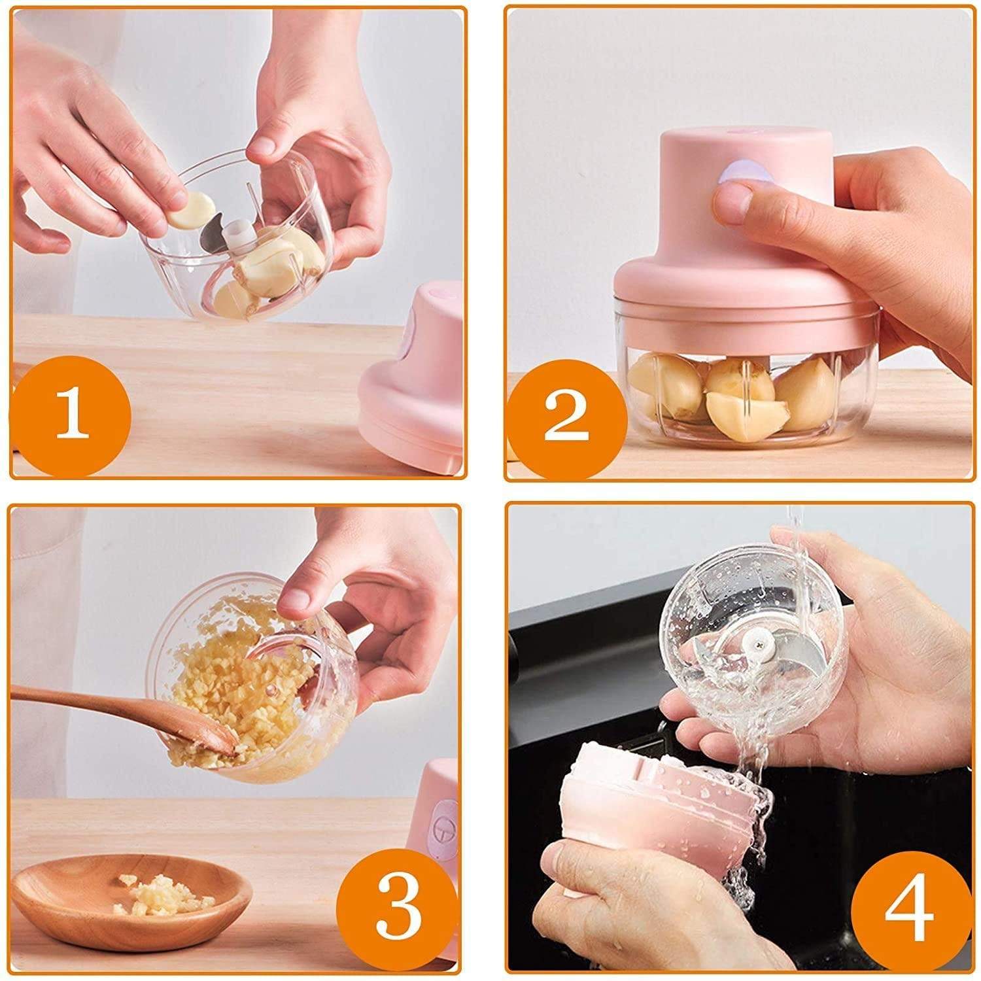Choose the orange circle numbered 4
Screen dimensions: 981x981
909,909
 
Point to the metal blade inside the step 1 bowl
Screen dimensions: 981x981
213,239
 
